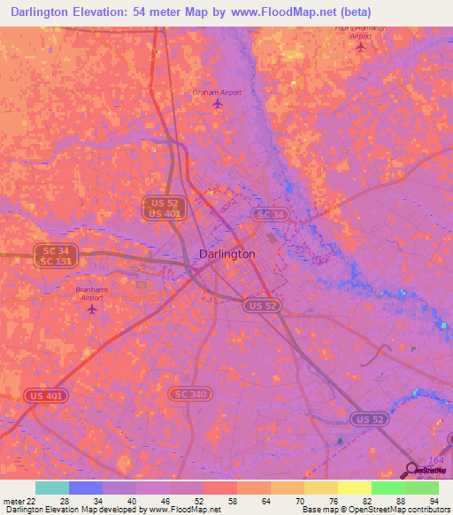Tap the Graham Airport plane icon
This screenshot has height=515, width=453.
218,104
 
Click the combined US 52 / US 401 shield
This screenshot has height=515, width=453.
164,208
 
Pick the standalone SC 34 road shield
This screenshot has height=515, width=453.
269,215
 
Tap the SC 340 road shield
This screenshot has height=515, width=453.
189,393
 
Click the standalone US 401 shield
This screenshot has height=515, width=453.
44,396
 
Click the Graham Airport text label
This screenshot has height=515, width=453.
217,91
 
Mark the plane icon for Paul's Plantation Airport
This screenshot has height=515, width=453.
360,47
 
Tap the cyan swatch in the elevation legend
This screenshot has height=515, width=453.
52,488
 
